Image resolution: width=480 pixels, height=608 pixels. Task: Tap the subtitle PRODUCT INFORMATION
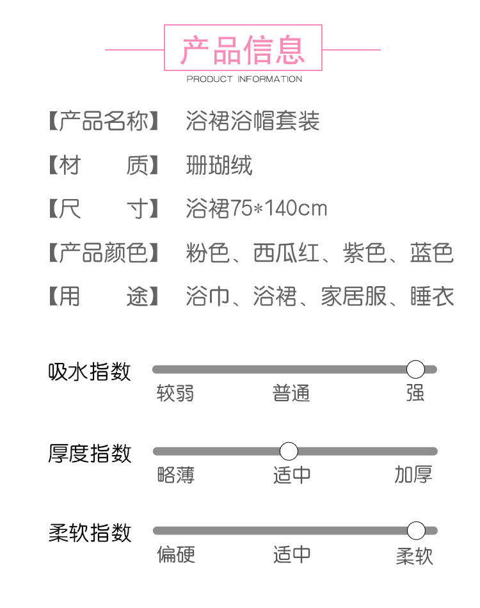pyautogui.click(x=244, y=79)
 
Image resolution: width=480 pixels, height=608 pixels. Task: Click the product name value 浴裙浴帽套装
pyautogui.click(x=252, y=121)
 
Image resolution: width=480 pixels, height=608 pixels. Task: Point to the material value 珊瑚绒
pyautogui.click(x=219, y=165)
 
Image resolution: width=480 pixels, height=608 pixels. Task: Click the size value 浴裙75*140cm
pyautogui.click(x=256, y=209)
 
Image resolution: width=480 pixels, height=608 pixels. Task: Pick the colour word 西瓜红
pyautogui.click(x=285, y=253)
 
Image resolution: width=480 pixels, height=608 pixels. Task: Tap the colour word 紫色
pyautogui.click(x=364, y=253)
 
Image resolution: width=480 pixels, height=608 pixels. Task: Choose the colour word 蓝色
pyautogui.click(x=431, y=253)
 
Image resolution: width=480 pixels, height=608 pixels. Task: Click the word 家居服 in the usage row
pyautogui.click(x=353, y=296)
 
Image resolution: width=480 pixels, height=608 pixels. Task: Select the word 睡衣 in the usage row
pyautogui.click(x=432, y=296)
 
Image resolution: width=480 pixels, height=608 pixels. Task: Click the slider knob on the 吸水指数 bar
pyautogui.click(x=415, y=369)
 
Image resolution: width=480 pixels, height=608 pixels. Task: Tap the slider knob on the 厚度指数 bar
pyautogui.click(x=289, y=451)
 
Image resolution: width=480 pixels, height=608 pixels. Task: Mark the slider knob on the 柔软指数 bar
pyautogui.click(x=416, y=531)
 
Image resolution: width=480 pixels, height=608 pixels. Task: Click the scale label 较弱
pyautogui.click(x=175, y=393)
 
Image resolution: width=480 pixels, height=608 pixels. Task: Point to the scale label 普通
pyautogui.click(x=291, y=393)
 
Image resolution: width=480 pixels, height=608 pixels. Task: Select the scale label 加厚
pyautogui.click(x=413, y=474)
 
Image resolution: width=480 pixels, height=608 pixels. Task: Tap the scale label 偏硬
pyautogui.click(x=176, y=554)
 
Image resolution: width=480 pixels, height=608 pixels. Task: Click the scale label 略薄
pyautogui.click(x=175, y=474)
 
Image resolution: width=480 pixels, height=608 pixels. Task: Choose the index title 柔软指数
pyautogui.click(x=90, y=532)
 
